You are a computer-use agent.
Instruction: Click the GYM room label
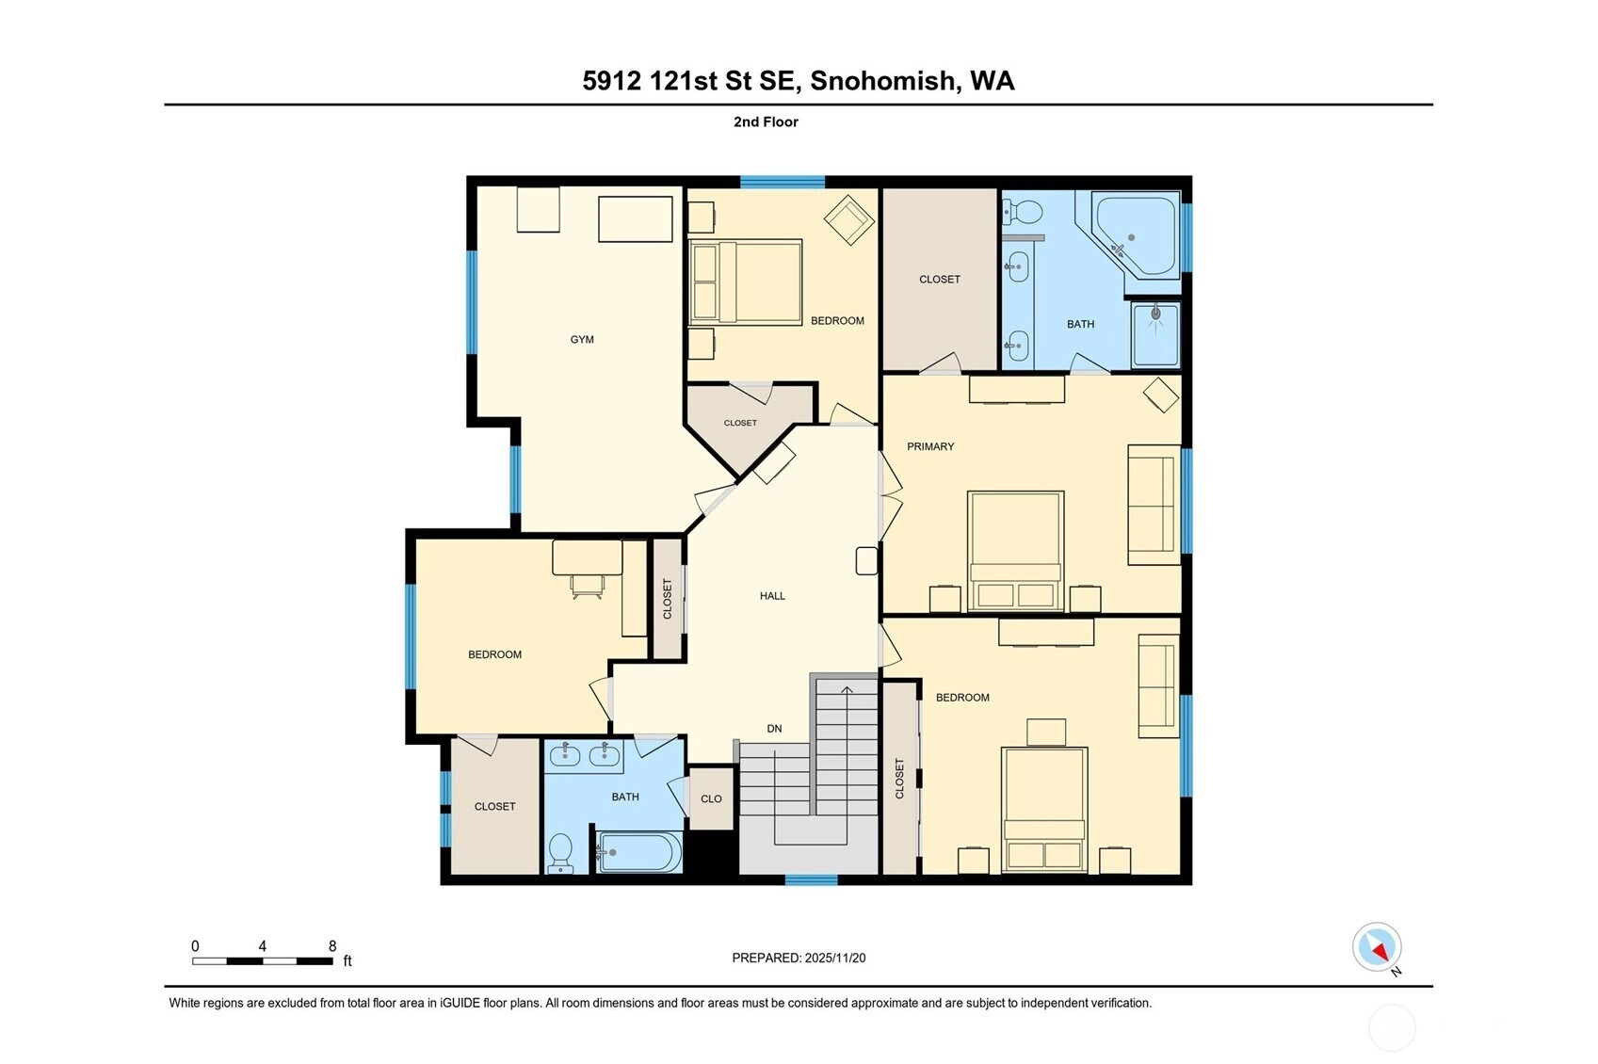(581, 340)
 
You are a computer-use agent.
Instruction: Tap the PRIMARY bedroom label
(930, 446)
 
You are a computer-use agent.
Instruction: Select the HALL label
(772, 595)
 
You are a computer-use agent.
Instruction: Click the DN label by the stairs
(774, 728)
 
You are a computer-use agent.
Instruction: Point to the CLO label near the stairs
(711, 798)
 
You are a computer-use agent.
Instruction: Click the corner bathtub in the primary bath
(1136, 236)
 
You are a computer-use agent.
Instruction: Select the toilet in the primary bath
(1022, 212)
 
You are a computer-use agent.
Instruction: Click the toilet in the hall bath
(560, 853)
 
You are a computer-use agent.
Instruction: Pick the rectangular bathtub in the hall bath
(639, 852)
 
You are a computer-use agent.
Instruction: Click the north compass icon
(1377, 948)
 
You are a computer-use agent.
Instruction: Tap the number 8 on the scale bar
(332, 945)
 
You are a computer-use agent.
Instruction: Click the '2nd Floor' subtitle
(766, 122)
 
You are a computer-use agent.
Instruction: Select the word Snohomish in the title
(882, 81)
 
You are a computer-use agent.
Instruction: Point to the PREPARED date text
(799, 958)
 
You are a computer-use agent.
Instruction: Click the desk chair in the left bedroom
(587, 587)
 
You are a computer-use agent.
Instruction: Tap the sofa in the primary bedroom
(1154, 505)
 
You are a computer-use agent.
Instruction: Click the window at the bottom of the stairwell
(811, 879)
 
